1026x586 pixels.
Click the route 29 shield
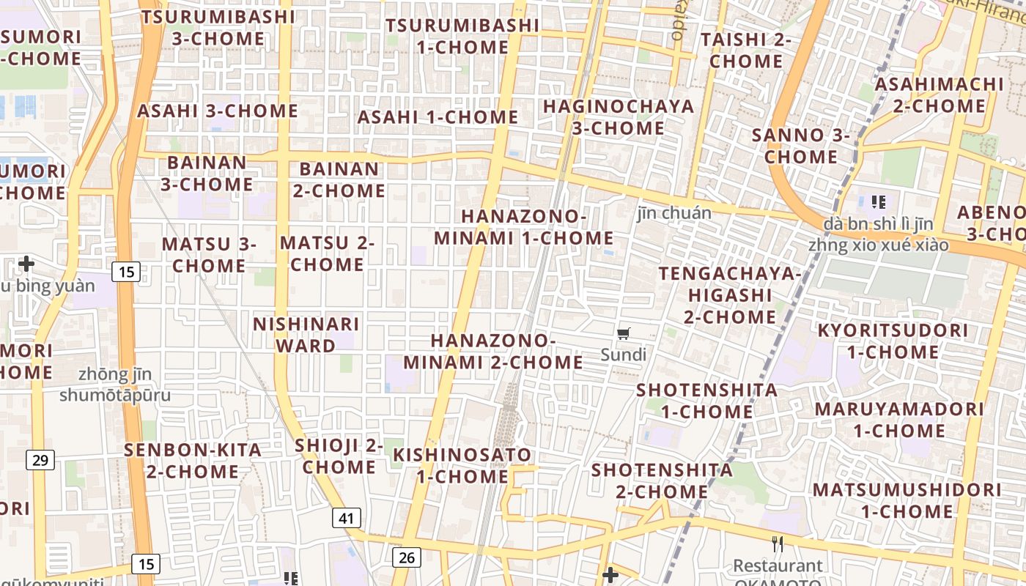(40, 460)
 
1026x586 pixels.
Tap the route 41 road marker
(347, 519)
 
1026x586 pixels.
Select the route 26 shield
(407, 557)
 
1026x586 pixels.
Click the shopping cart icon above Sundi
(623, 334)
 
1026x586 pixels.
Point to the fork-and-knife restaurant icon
(778, 544)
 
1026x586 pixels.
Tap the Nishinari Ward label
(306, 334)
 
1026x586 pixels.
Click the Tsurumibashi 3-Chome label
(218, 27)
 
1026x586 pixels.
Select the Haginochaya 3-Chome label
(619, 117)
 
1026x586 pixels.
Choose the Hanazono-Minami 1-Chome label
(524, 227)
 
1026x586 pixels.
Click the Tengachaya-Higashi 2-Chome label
(730, 295)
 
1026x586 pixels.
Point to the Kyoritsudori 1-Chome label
(893, 341)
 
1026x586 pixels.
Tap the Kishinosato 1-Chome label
(462, 465)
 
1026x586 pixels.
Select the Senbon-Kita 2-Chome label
(193, 461)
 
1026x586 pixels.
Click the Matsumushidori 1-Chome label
(907, 500)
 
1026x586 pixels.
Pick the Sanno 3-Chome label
(801, 146)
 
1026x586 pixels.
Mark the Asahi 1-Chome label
(438, 117)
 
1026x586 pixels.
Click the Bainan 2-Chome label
(339, 179)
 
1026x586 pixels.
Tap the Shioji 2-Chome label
(339, 456)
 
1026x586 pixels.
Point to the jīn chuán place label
(674, 213)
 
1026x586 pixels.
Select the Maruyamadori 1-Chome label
(899, 420)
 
